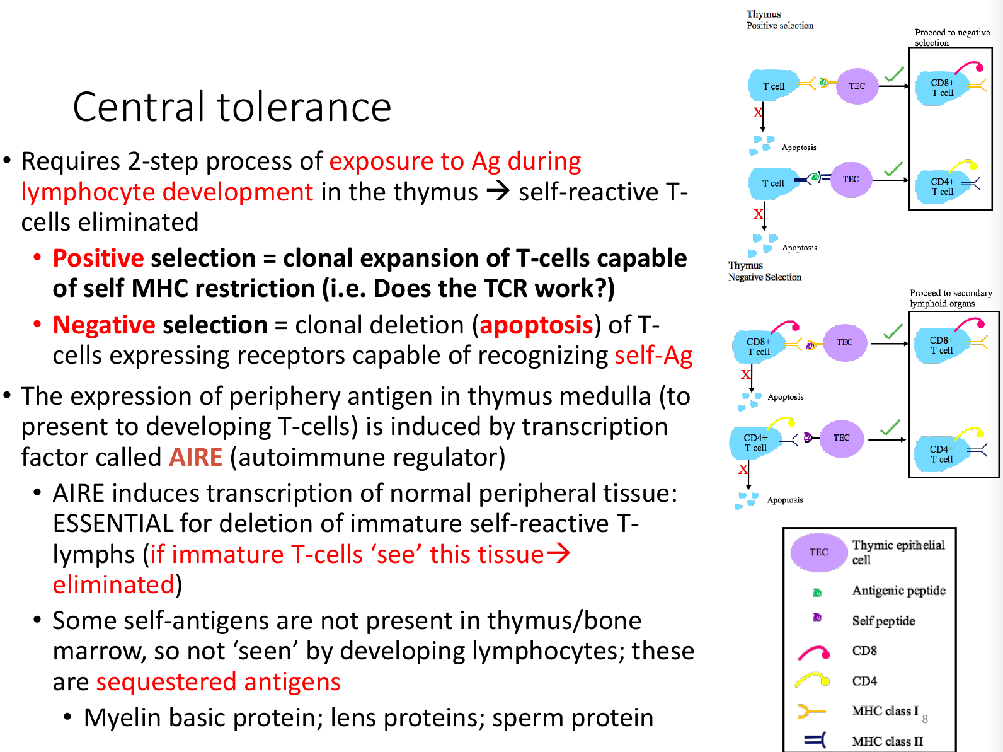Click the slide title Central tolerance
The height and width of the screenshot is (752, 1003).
pos(232,107)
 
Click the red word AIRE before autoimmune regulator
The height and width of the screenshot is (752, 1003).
pos(195,457)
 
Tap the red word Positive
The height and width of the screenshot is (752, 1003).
pos(98,258)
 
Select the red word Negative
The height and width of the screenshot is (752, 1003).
pos(104,325)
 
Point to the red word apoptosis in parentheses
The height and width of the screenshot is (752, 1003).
pos(536,325)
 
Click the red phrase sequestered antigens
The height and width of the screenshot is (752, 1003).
pos(219,682)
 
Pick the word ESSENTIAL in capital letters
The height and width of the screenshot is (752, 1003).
pos(113,523)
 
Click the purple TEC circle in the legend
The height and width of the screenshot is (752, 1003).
pos(819,552)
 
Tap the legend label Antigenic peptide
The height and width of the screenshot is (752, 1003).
pos(898,591)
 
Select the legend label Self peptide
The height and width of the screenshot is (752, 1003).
pos(883,621)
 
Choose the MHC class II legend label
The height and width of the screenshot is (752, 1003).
pos(888,741)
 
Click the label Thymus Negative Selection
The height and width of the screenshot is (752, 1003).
pos(764,271)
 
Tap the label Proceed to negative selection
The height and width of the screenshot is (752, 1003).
pos(952,37)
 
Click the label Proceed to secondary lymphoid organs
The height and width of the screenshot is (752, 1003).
pos(951,298)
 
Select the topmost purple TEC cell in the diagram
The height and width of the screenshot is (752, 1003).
pos(857,86)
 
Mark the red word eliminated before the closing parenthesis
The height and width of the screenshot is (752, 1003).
pos(114,585)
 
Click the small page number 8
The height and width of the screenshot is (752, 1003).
pos(925,720)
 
